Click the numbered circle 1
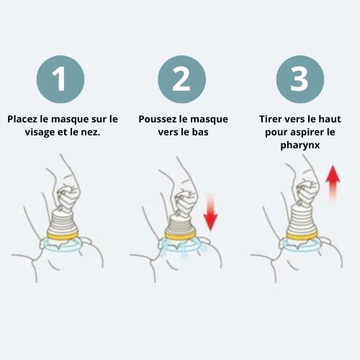coord(60,79)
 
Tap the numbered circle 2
coord(181,79)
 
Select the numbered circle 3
coord(300,79)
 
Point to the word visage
coord(40,132)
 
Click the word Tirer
coord(269,119)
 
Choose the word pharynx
coord(300,145)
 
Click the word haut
coord(331,119)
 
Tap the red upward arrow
coord(333,183)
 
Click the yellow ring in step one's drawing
coord(63,235)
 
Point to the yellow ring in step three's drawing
coord(302,235)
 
